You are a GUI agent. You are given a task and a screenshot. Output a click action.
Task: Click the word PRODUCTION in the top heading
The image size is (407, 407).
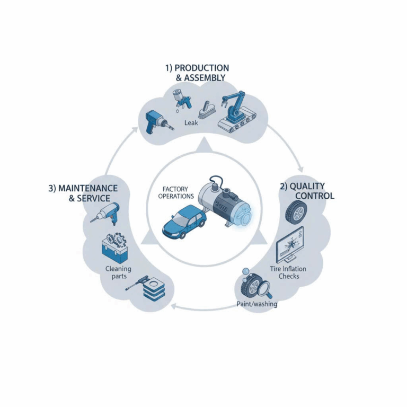coord(201,68)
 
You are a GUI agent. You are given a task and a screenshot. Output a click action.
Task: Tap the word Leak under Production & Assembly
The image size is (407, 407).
coord(191,123)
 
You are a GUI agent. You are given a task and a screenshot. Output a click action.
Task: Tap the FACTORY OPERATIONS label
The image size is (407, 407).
coord(176,192)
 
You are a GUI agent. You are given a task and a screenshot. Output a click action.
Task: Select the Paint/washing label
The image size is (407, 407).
coord(256,305)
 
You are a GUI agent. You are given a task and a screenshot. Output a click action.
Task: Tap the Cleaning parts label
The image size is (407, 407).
coord(118,273)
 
